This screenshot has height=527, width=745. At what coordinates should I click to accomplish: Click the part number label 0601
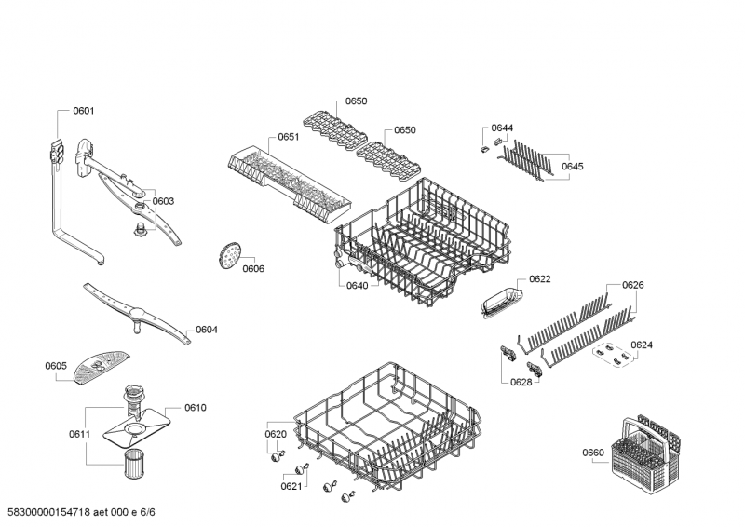[x=84, y=111]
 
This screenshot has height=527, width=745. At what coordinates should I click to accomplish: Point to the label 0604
[x=207, y=330]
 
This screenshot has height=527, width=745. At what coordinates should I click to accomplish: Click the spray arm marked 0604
[x=140, y=311]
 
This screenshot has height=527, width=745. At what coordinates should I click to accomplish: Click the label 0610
[x=195, y=408]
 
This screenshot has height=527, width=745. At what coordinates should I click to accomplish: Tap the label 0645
[x=572, y=166]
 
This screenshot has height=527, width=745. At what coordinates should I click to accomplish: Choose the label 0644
[x=503, y=128]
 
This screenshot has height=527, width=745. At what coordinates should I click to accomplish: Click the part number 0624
[x=642, y=345]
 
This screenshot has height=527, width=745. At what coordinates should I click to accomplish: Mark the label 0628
[x=521, y=382]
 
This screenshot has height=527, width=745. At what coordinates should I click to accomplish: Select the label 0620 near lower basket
[x=276, y=434]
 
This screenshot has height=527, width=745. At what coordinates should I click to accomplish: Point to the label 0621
[x=291, y=485]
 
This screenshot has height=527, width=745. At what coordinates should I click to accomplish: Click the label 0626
[x=633, y=285]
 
